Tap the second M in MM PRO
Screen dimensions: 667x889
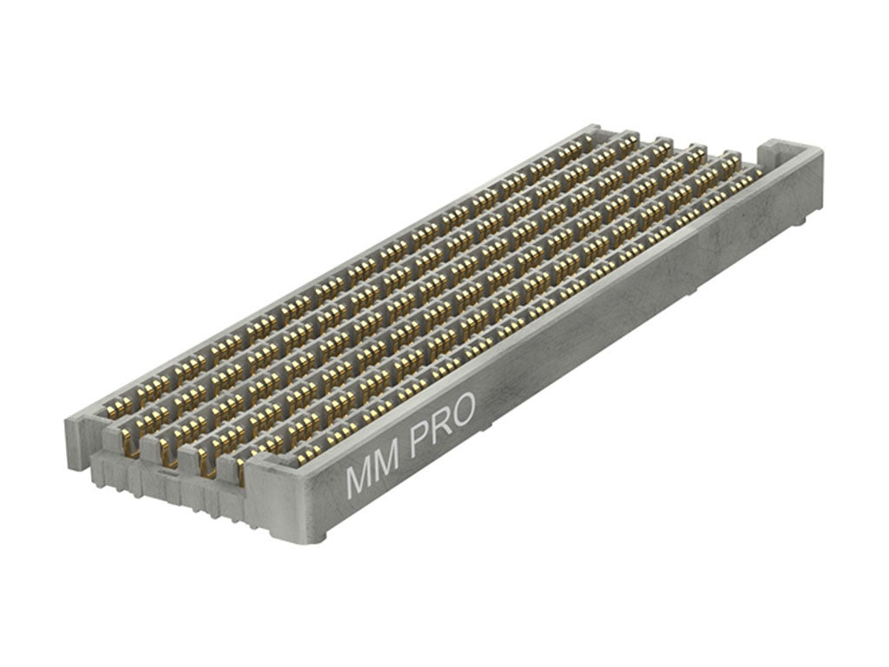[388, 464]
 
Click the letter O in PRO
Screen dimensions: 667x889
[462, 411]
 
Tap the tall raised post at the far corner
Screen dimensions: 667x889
[771, 152]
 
